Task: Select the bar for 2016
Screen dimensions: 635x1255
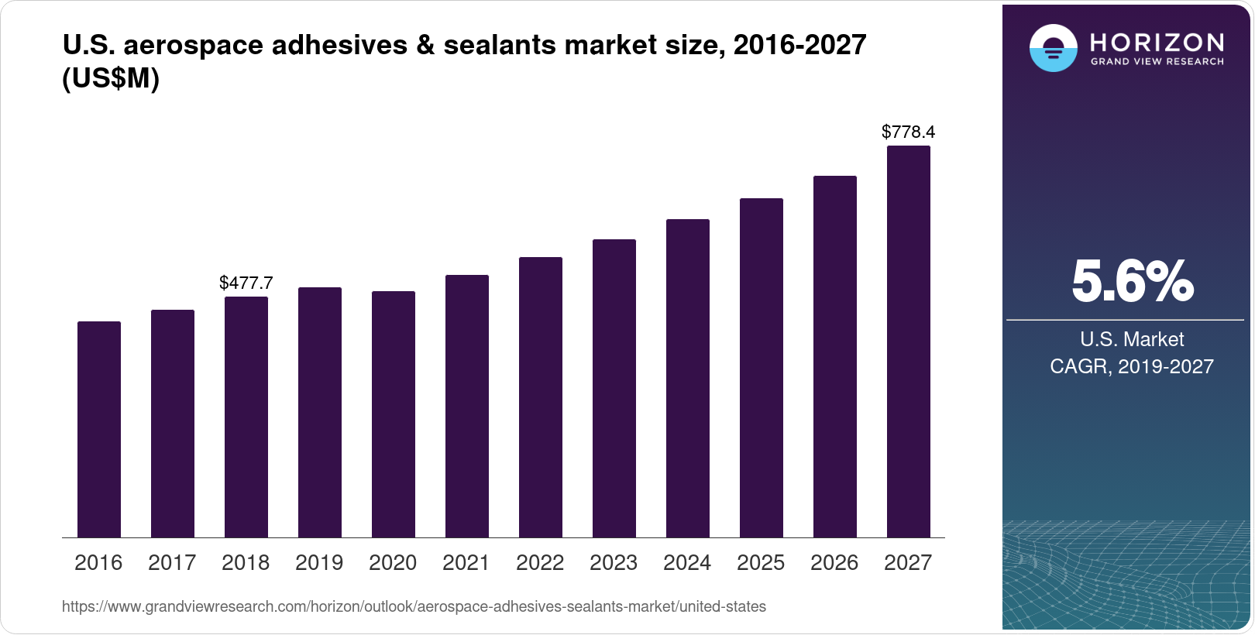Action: [x=99, y=430]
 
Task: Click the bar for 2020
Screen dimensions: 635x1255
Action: [x=394, y=414]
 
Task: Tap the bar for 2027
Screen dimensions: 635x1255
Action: [x=908, y=342]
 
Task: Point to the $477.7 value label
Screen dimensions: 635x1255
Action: [x=246, y=283]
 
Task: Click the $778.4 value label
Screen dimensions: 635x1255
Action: [x=908, y=132]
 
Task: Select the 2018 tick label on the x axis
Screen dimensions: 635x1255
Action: [x=246, y=563]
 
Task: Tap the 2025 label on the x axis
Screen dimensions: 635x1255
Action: [x=761, y=563]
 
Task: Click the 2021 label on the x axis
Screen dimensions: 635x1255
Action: [x=466, y=563]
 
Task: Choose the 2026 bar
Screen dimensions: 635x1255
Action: [x=835, y=357]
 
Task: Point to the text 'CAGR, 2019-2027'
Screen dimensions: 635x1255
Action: [x=1132, y=366]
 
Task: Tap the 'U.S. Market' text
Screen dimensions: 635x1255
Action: [x=1132, y=339]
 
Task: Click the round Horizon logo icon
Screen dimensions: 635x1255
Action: [x=1053, y=49]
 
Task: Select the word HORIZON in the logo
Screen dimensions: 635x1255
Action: [x=1157, y=42]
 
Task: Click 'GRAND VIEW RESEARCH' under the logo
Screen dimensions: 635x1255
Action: [x=1157, y=62]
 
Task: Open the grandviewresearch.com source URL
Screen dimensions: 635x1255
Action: [x=414, y=607]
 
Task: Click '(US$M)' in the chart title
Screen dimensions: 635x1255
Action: [x=111, y=78]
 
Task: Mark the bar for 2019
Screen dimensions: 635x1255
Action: [x=320, y=413]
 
